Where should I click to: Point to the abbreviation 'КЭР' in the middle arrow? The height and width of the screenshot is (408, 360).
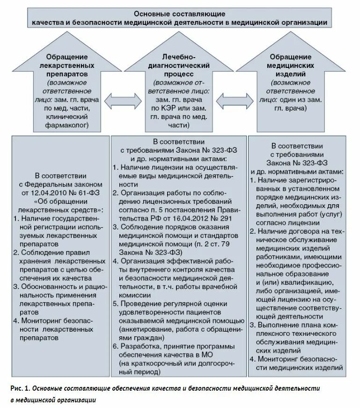[x=170, y=109]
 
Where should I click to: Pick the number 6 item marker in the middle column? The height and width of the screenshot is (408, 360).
[x=115, y=346]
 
